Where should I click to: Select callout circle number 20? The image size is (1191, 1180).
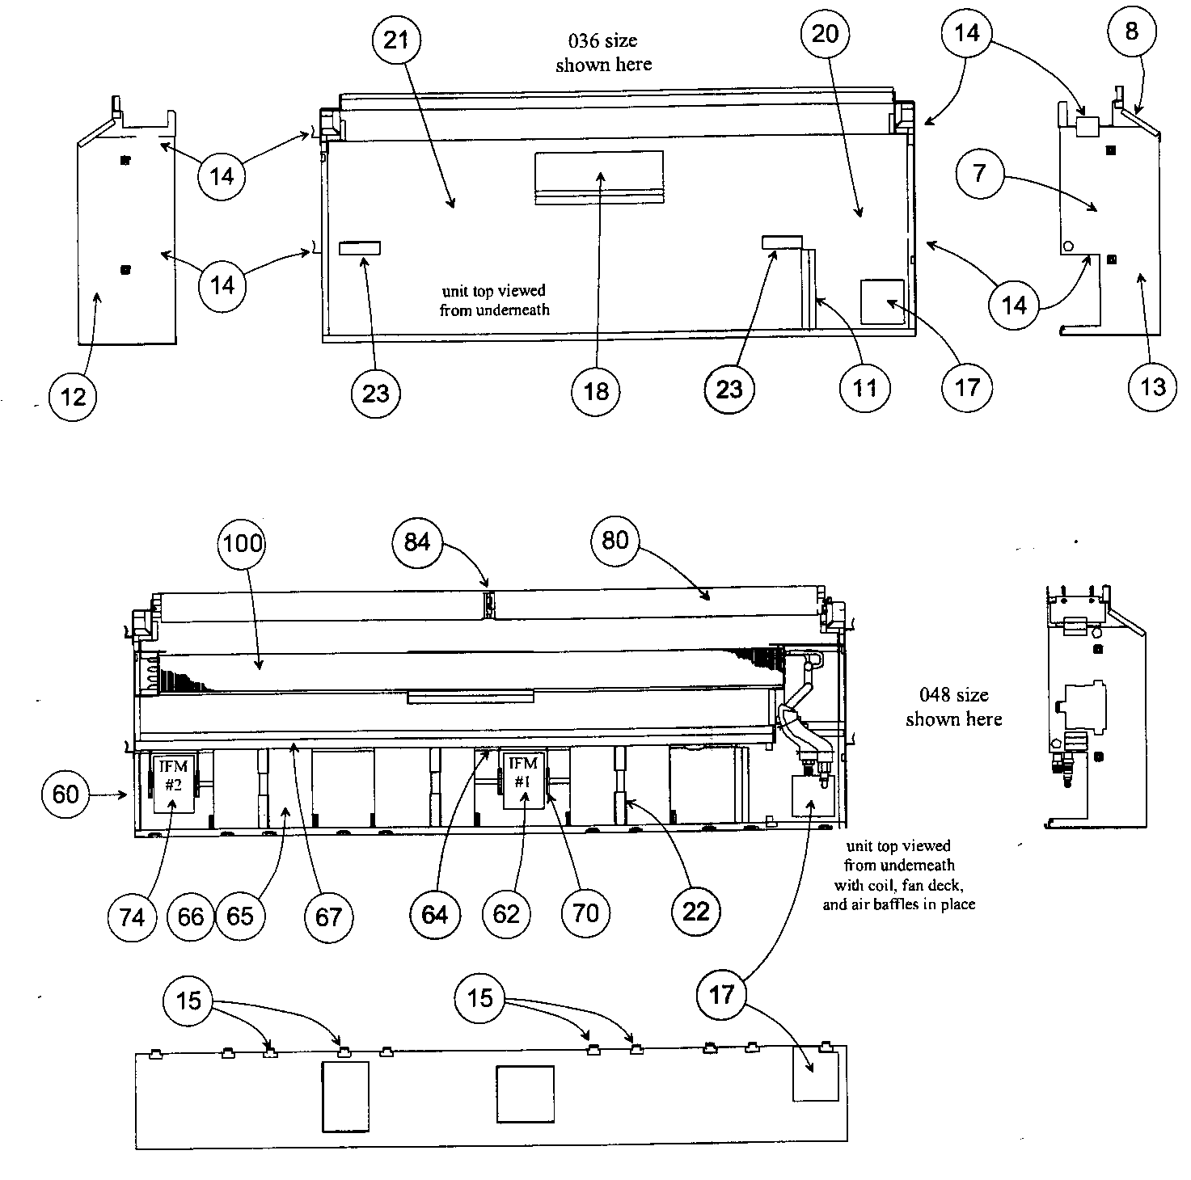[825, 34]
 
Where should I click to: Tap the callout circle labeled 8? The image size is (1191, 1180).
[1130, 32]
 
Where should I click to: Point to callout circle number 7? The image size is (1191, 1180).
[979, 173]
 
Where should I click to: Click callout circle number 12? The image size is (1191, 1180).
[73, 396]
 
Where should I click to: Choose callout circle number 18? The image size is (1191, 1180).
[596, 391]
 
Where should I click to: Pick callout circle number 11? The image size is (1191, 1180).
[864, 388]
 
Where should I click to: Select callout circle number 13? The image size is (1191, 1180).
[1152, 387]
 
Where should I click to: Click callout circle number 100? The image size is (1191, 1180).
[243, 542]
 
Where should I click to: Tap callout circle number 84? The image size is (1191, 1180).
[416, 541]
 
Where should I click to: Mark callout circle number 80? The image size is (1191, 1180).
[615, 540]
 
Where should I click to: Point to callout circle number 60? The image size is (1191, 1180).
[65, 794]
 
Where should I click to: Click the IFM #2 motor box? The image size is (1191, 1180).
[173, 780]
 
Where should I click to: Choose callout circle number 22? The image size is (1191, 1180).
[695, 912]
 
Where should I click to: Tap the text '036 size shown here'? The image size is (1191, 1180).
[603, 53]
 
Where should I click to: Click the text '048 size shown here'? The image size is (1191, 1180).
[953, 706]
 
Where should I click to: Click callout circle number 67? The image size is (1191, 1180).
[328, 917]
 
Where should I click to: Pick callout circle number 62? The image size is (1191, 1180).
[506, 914]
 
